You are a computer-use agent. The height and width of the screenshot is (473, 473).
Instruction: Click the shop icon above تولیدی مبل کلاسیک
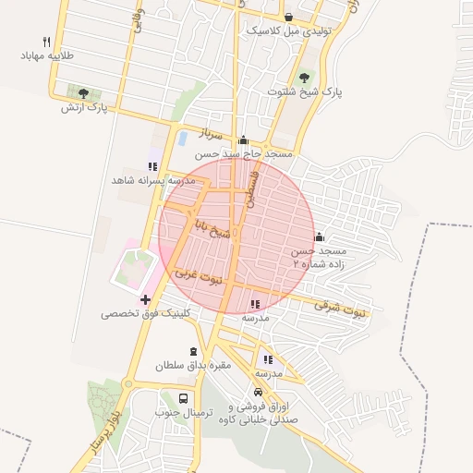[x=289, y=17]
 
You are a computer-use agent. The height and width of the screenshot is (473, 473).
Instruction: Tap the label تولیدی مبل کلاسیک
[x=289, y=30]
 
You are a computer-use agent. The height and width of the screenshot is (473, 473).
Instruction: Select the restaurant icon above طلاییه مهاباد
[x=46, y=42]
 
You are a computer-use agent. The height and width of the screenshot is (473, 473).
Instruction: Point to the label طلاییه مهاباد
[x=46, y=55]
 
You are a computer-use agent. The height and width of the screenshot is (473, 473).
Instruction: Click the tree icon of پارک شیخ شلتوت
[x=305, y=78]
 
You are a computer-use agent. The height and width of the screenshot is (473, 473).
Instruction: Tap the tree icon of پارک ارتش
[x=84, y=93]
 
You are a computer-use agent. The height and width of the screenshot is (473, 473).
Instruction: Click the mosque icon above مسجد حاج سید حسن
[x=243, y=140]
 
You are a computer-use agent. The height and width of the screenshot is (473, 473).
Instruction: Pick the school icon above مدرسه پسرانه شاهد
[x=152, y=166]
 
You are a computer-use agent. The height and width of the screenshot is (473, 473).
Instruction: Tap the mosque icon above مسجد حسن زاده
[x=319, y=236]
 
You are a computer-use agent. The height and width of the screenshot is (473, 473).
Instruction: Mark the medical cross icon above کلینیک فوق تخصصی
[x=145, y=299]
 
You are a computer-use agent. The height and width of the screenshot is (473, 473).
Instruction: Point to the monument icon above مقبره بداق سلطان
[x=192, y=351]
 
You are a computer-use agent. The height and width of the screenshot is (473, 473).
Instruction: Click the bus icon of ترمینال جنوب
[x=183, y=399]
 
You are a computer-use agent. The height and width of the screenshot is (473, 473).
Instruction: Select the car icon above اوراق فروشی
[x=269, y=393]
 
